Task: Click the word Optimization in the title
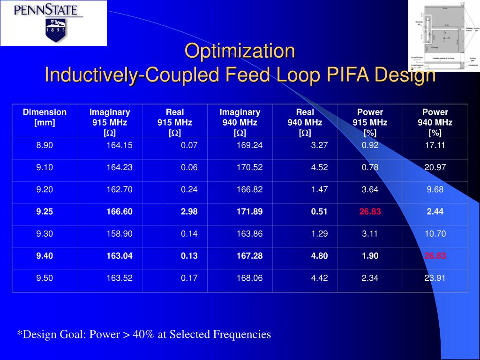point(240,51)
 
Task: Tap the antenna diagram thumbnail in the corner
point(444,36)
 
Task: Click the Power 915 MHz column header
point(370,122)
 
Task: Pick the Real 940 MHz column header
point(305,122)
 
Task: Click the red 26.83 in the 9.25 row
point(370,212)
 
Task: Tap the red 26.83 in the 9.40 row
point(435,256)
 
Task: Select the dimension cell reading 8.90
point(45,145)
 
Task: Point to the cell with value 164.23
point(120,167)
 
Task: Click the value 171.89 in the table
point(249,212)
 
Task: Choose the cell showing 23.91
point(435,278)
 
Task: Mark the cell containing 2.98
point(189,212)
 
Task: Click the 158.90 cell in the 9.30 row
point(120,234)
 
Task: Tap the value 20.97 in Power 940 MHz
point(435,167)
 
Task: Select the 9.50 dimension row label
point(45,278)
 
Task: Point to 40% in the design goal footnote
point(142,335)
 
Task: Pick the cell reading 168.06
point(249,278)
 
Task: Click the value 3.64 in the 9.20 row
point(370,190)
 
